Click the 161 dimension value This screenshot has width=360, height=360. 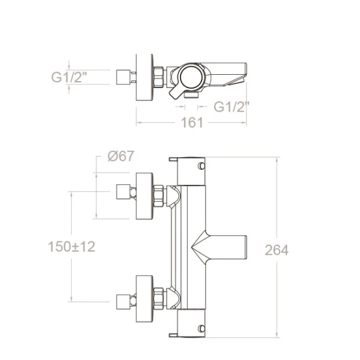(x=192, y=122)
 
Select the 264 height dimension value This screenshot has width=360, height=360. (x=276, y=250)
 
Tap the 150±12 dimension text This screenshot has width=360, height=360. (x=72, y=247)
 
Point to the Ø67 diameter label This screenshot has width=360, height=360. (x=120, y=156)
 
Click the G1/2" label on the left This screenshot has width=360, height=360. (x=69, y=77)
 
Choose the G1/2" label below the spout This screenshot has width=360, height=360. (x=231, y=106)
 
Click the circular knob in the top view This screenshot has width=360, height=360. (x=192, y=77)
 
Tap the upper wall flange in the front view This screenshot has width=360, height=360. (x=145, y=196)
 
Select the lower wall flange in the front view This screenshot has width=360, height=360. (x=145, y=299)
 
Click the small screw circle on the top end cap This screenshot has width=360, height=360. (x=202, y=165)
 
